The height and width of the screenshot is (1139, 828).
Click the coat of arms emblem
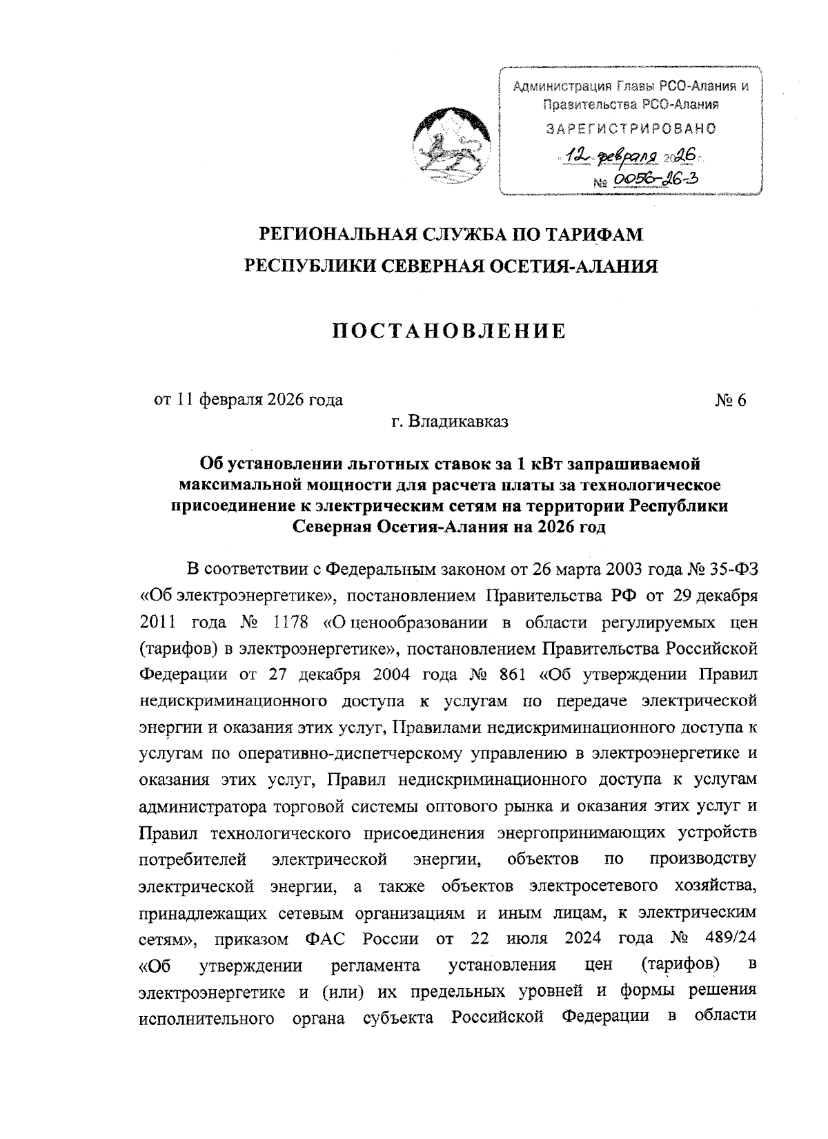[451, 144]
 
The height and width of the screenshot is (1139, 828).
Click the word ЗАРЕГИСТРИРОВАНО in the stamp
[631, 128]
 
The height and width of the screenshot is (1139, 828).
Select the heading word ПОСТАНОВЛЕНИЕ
[449, 331]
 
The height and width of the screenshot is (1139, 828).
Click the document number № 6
[731, 400]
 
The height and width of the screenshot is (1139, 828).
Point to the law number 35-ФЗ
[731, 570]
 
